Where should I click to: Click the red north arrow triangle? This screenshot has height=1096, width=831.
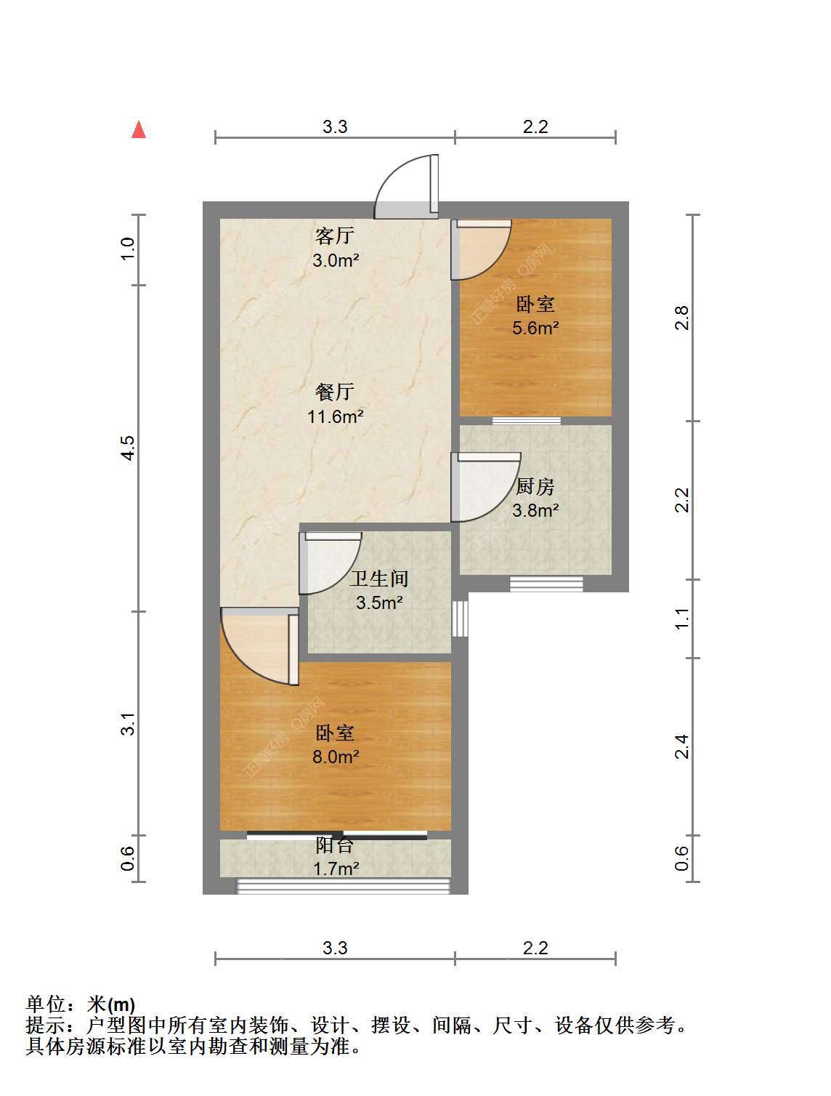tap(138, 130)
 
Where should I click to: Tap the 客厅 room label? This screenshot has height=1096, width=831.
tap(335, 235)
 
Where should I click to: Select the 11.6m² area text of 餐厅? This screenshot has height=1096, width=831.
tap(336, 416)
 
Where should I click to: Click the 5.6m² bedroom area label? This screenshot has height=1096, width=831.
tap(535, 328)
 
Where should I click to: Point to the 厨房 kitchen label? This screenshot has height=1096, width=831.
tap(535, 487)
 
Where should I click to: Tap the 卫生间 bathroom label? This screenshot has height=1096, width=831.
tap(379, 579)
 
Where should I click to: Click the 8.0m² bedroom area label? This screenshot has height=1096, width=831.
tap(336, 757)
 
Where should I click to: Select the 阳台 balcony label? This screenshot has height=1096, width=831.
tap(335, 845)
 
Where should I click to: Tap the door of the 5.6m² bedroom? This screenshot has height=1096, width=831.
tap(481, 250)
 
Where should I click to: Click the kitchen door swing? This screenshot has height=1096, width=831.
tap(486, 488)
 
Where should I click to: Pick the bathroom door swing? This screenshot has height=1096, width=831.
tap(330, 563)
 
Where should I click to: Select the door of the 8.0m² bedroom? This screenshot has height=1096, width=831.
tap(259, 647)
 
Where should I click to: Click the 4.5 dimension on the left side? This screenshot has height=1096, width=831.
tap(128, 448)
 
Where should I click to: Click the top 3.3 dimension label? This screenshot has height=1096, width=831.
tap(335, 127)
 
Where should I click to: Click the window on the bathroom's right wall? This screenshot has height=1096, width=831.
tap(460, 618)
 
